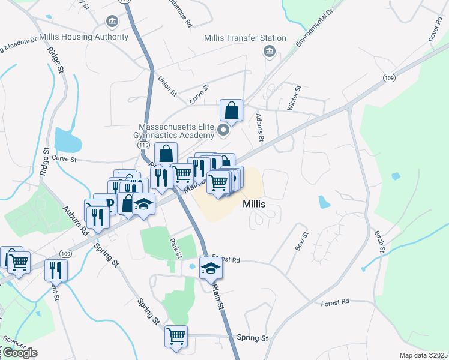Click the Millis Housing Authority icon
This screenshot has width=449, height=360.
coord(112,22)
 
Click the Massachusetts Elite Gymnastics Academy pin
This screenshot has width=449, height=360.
coord(224,130)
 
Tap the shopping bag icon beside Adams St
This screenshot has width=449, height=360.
coord(231,111)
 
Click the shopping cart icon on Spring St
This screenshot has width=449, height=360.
coord(176,337)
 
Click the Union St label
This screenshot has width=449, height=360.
coord(167,85)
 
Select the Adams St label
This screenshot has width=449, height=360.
coord(260,128)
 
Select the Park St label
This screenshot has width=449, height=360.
coord(176,248)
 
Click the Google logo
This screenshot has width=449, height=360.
coord(19,353)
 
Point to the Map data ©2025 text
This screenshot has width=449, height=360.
coord(423,355)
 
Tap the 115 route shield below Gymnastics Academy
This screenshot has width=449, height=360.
coord(143,146)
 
